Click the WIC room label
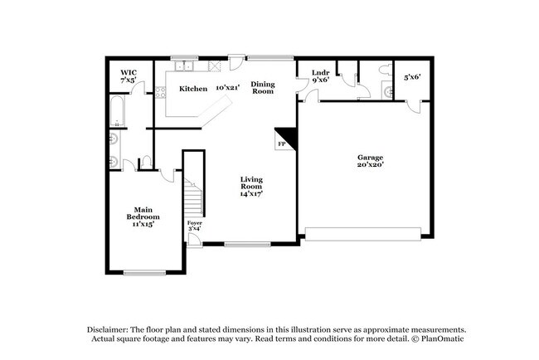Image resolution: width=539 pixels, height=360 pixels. tap(128, 76)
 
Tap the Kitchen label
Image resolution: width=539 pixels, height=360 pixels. tap(193, 88)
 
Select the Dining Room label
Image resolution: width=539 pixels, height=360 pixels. tap(263, 87)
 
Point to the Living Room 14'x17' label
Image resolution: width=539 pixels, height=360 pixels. tap(251, 187)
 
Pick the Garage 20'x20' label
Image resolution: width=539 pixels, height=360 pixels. tap(370, 160)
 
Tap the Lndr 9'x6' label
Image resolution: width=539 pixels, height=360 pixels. tap(320, 76)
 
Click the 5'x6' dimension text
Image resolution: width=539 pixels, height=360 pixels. tap(412, 77)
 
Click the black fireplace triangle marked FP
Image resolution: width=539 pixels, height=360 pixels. tap(286, 137)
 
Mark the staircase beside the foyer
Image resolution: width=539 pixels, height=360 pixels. tap(193, 199)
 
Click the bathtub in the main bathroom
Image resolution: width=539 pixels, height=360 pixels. tap(116, 113)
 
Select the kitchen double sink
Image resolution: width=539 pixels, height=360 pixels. tap(182, 66)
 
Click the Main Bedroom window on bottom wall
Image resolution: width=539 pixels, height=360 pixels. tap(145, 272)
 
